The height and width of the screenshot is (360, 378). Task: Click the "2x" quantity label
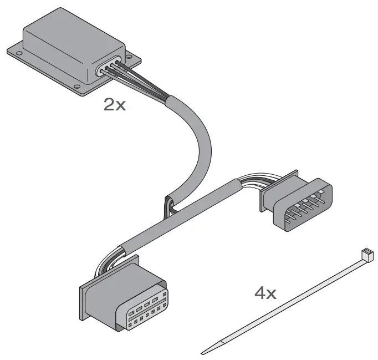click(115, 104)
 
